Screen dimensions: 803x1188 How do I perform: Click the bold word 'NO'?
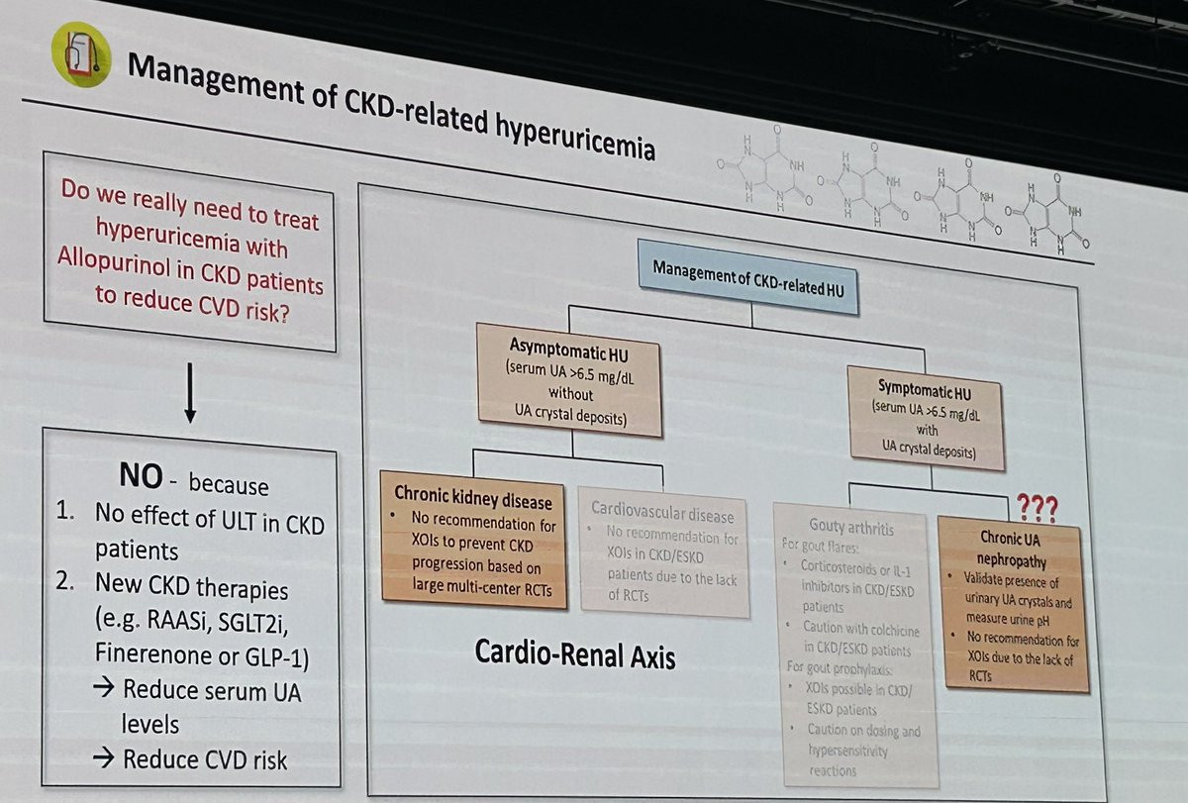(x=141, y=478)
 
